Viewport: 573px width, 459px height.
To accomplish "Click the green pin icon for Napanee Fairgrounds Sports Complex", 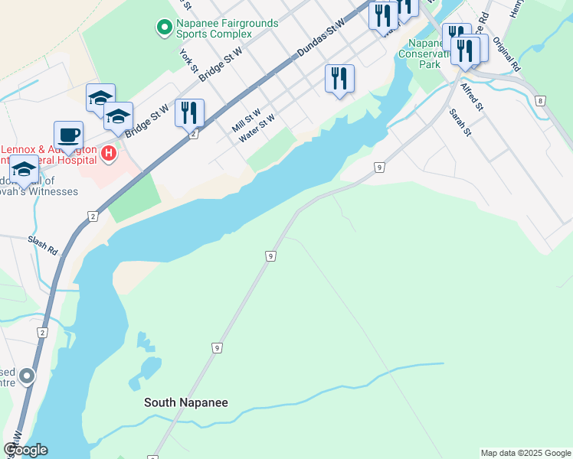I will pos(164,28).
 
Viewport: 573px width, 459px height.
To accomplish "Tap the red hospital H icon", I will pos(109,154).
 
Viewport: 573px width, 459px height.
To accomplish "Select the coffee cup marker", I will pos(68,135).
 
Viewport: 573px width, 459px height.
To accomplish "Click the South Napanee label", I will pos(186,402).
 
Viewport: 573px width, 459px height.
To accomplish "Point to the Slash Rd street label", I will pos(43,246).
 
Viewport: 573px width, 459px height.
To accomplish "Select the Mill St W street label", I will pos(247,120).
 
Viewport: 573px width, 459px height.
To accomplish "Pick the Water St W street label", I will pos(257,129).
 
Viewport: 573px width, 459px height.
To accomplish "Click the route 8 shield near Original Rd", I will pos(541,100).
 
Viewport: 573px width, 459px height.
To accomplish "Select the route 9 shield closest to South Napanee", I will pos(218,348).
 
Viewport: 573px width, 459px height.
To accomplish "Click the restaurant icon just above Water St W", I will pos(339,79).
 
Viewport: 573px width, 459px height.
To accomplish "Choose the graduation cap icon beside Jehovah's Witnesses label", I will pos(25,170).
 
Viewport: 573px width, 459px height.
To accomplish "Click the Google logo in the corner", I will pos(25,450).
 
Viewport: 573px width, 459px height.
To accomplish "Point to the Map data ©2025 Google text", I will pos(526,453).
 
